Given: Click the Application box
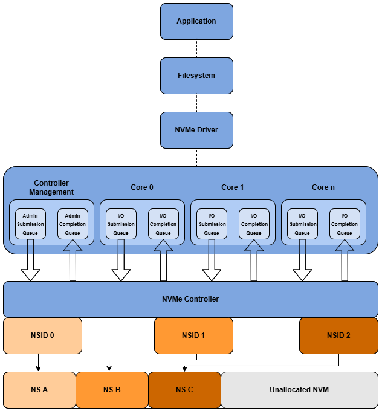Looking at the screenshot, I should pos(196,21).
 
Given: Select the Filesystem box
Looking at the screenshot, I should pos(196,76).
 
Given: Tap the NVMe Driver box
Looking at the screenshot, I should pos(196,130).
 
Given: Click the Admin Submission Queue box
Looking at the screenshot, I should pos(30,224).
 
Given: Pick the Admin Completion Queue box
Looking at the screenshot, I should pos(73,224).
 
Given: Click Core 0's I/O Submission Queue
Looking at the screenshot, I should pos(121,224).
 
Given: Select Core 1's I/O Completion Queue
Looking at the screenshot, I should pos(254,224).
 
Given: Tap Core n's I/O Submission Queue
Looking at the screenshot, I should pos(302,224).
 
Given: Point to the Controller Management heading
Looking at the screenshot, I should pos(51,187).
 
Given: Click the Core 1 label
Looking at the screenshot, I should pos(233,187).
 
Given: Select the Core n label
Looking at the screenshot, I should pos(323,187).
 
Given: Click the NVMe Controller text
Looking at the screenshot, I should pos(190,299).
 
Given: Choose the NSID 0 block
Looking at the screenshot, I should pos(42,335).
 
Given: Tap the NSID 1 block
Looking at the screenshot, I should pos(193,335).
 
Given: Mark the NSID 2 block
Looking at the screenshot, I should pos(338,335).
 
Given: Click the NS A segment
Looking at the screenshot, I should pos(39,390).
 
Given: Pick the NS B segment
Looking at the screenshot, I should pos(112,390).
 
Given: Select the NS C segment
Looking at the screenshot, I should pos(184,390).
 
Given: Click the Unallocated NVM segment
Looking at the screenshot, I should pos(299,390).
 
